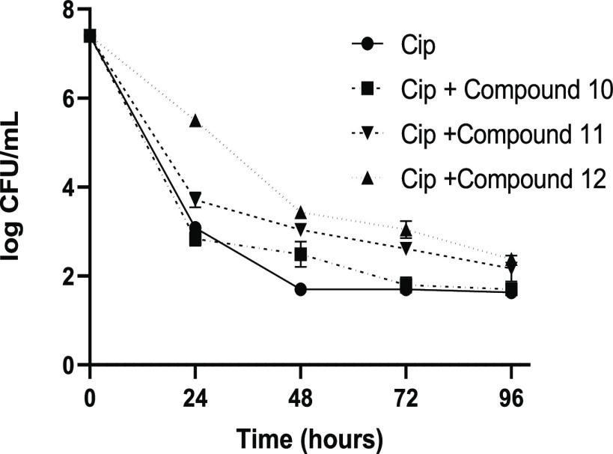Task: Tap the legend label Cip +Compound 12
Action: click(502, 179)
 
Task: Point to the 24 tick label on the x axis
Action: click(195, 394)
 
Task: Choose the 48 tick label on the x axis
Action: click(300, 394)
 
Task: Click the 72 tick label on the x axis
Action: click(406, 394)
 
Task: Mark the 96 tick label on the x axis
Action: click(511, 394)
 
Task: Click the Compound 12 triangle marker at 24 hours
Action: click(195, 121)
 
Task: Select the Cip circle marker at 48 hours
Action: click(300, 290)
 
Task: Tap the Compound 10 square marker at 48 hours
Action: click(300, 255)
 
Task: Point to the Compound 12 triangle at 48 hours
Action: click(300, 213)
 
